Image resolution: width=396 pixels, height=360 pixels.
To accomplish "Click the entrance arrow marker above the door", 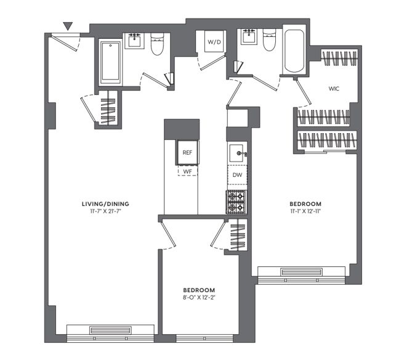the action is click(x=68, y=26).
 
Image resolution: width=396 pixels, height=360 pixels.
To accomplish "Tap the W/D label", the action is click(x=214, y=42).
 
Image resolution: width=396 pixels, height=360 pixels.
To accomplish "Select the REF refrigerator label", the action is click(x=187, y=152).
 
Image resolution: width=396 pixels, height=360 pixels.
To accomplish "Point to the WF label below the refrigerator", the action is click(x=188, y=171).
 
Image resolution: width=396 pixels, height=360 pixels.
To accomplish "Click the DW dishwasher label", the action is click(x=237, y=174).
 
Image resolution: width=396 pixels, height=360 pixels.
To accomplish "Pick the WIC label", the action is click(x=334, y=89).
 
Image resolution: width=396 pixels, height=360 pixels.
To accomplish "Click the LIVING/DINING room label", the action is click(x=105, y=204).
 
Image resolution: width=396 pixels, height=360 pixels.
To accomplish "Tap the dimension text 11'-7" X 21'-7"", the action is click(x=105, y=211).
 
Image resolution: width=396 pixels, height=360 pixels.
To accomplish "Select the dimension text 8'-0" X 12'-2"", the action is click(x=199, y=298).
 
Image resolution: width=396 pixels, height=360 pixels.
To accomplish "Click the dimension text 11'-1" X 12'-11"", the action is click(x=305, y=211).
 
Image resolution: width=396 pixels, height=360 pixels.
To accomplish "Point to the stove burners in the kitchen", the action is click(x=236, y=202).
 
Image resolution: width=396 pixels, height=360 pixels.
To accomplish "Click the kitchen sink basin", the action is click(x=236, y=153).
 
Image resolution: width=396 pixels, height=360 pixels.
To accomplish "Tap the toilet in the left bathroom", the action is click(x=157, y=44).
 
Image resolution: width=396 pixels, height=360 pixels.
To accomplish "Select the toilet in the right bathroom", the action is click(x=269, y=40).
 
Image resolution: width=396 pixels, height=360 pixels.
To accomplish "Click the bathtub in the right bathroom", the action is click(x=294, y=51).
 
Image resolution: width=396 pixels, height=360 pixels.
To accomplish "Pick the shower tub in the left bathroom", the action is click(x=110, y=62).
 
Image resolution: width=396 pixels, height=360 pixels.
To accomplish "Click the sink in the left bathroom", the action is click(x=134, y=41).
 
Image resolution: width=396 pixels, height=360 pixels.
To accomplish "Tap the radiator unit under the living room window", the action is click(x=110, y=330).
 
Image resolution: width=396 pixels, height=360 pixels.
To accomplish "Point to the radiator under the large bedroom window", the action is click(x=302, y=272).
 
